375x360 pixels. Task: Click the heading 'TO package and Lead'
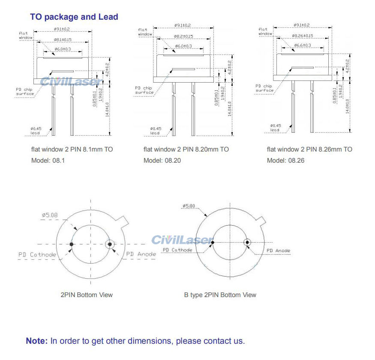pos(74,17)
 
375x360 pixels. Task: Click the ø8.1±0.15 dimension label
pos(63,40)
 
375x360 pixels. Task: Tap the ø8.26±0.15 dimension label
pos(303,36)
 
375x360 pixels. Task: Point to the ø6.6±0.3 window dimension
pos(302,45)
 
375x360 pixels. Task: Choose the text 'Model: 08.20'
pos(161,161)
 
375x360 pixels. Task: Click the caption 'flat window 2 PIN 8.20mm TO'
pos(186,149)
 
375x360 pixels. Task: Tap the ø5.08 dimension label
pos(50,215)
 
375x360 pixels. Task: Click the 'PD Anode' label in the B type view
pos(278,250)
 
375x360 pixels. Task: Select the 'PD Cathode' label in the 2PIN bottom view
pos(37,255)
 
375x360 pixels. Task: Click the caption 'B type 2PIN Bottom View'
pos(220,295)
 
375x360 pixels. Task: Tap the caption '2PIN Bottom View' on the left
pos(87,295)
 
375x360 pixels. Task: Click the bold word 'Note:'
pos(37,341)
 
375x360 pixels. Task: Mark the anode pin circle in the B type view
pos(247,243)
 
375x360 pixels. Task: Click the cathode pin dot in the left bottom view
pos(72,244)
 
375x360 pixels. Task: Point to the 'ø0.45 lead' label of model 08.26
pos(276,128)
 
